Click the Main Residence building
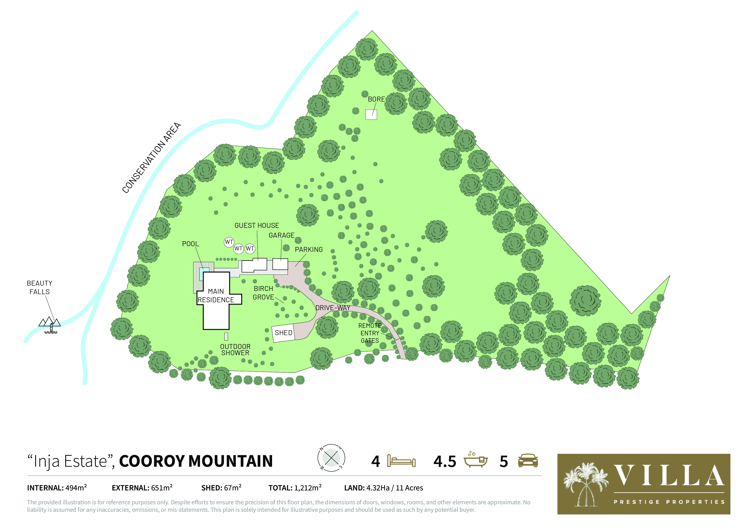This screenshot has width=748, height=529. click(x=216, y=310)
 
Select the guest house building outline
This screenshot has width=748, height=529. click(x=254, y=265)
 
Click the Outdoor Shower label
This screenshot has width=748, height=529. click(x=235, y=350)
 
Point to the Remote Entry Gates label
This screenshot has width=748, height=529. click(x=370, y=333)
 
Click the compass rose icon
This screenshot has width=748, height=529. click(x=331, y=458)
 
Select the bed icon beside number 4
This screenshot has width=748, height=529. click(x=401, y=461)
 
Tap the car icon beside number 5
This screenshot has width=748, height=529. click(x=528, y=461)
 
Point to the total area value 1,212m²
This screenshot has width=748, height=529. click(x=307, y=488)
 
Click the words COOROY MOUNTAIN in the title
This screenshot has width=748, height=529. click(x=196, y=461)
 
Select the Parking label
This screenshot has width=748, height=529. click(x=309, y=250)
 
